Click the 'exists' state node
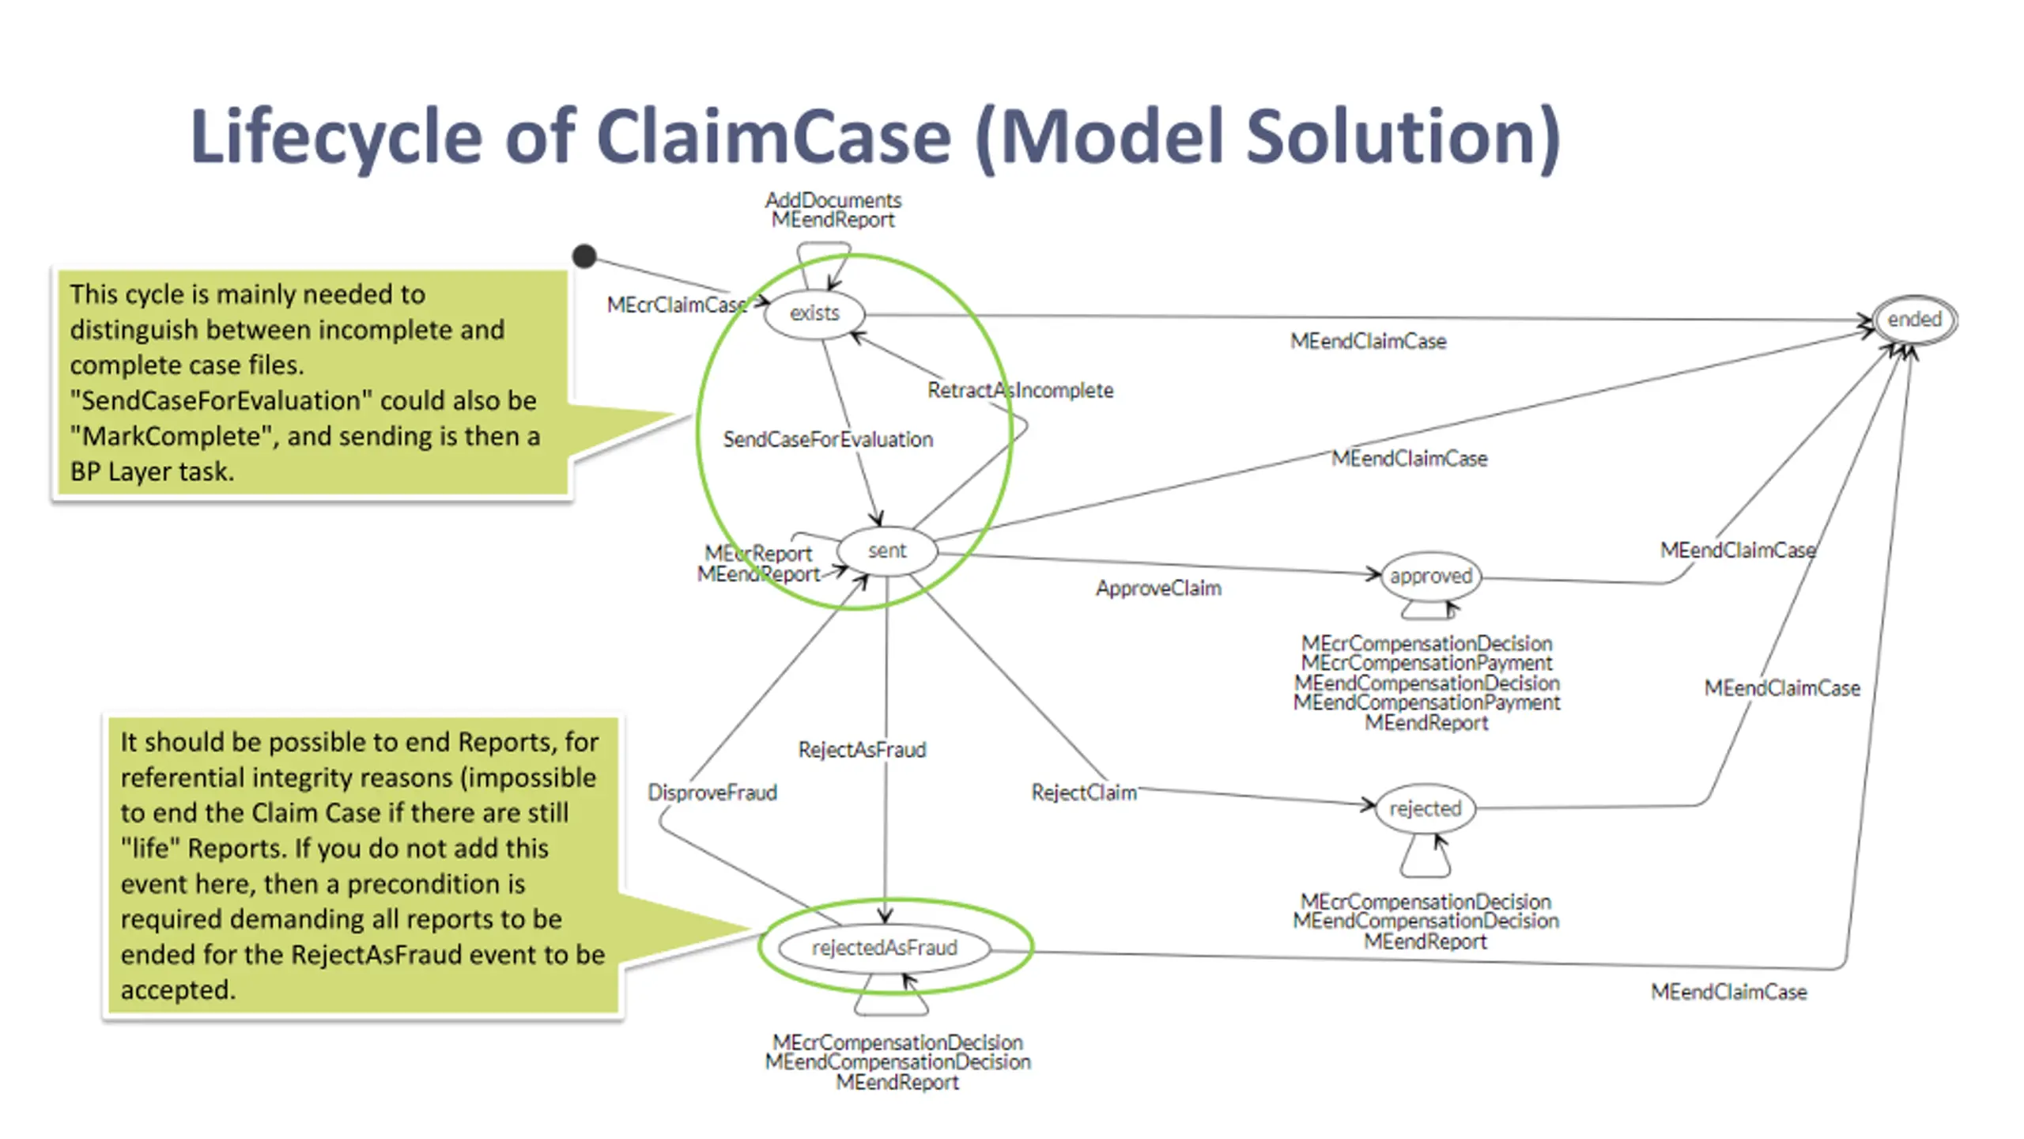click(814, 314)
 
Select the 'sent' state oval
click(887, 551)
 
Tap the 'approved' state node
click(1430, 576)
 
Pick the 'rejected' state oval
click(1425, 808)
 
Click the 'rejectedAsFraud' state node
click(884, 948)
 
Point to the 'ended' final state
click(1914, 320)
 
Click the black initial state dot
click(584, 255)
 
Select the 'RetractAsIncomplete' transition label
click(1020, 390)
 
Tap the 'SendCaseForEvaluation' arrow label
click(828, 440)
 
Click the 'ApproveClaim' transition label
click(1158, 588)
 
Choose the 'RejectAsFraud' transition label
click(862, 750)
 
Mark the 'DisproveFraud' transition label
click(712, 793)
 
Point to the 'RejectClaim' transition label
click(1084, 793)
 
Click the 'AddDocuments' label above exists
click(833, 200)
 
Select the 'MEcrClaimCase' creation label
click(676, 305)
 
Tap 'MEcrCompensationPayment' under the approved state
click(1426, 663)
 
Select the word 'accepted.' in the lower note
click(178, 990)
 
